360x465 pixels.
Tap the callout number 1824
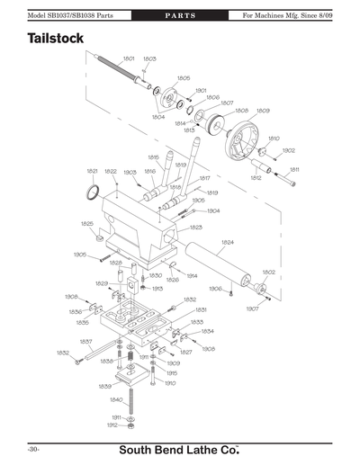point(228,243)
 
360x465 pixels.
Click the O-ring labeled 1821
point(92,191)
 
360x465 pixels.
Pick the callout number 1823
point(195,228)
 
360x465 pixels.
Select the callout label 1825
point(87,223)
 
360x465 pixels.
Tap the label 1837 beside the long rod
point(86,341)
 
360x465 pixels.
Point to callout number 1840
point(116,399)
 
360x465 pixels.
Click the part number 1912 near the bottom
point(112,425)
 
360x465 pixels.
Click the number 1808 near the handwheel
point(241,111)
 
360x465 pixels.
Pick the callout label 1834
point(207,331)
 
